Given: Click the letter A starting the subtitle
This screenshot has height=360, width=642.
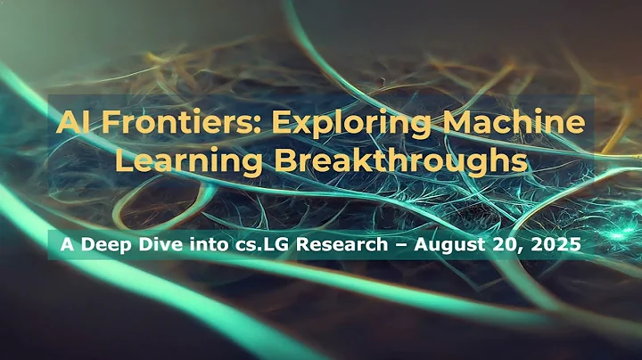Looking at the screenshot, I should coord(63,241).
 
